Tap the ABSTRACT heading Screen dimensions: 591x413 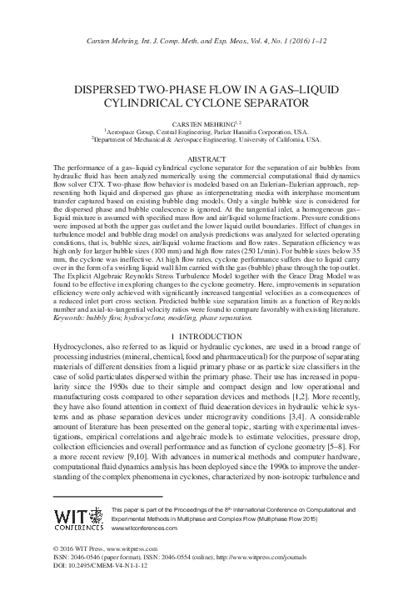point(206,158)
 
